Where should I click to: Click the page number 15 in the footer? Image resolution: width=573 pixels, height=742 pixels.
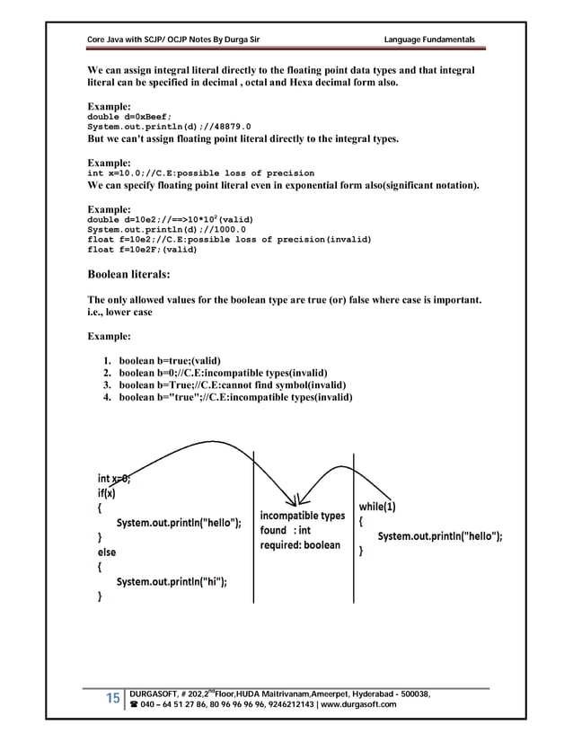pyautogui.click(x=114, y=699)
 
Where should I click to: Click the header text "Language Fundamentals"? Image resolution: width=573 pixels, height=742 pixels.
pyautogui.click(x=428, y=38)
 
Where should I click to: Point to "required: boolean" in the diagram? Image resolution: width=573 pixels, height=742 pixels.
pyautogui.click(x=300, y=544)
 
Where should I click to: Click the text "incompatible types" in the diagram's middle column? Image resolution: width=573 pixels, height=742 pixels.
pyautogui.click(x=302, y=516)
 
